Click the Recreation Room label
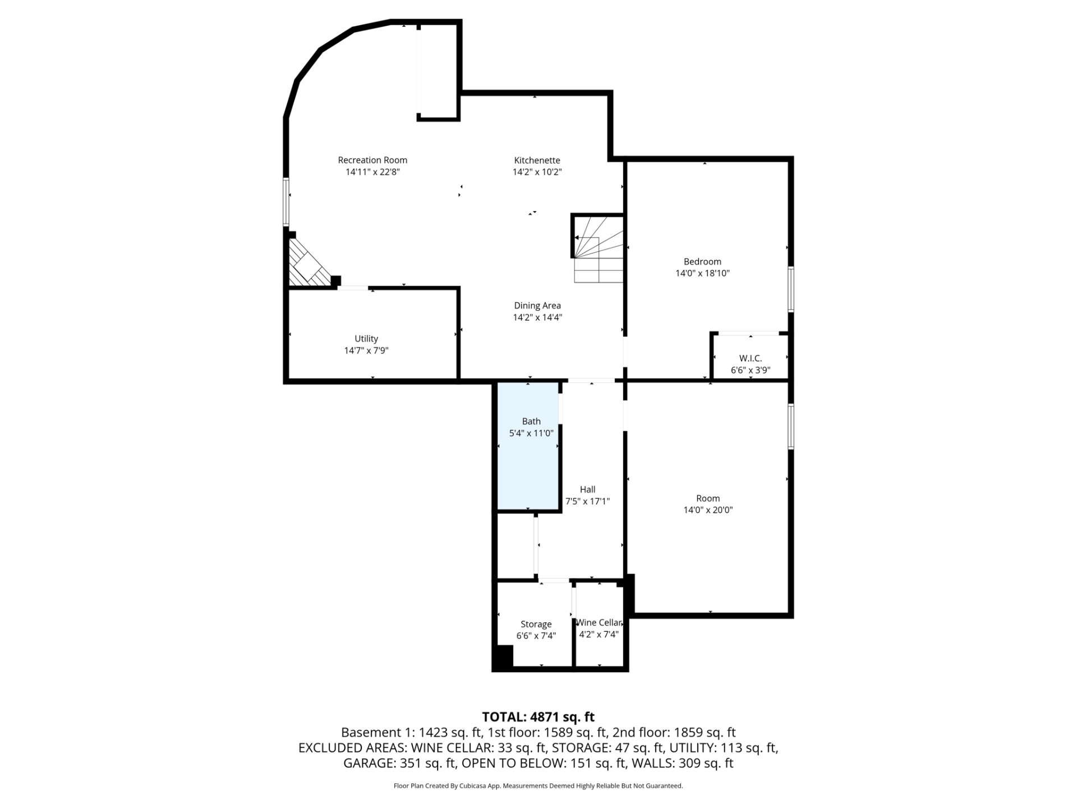(372, 160)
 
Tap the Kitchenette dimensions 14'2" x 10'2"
(537, 172)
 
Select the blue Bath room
(528, 447)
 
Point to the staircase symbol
(598, 249)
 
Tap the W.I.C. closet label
(751, 359)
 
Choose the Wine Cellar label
(599, 623)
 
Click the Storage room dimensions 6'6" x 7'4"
(536, 636)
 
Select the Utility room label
(366, 339)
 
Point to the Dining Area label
(537, 306)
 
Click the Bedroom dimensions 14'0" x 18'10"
(702, 273)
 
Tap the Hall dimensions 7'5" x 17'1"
(587, 501)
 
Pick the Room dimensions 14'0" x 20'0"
(708, 510)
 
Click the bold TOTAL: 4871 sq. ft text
(538, 717)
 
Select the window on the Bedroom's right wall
(791, 290)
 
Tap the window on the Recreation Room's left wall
(286, 202)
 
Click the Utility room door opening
(353, 288)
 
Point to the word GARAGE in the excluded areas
(369, 763)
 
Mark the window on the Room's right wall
(791, 426)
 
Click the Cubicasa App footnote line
(538, 786)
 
